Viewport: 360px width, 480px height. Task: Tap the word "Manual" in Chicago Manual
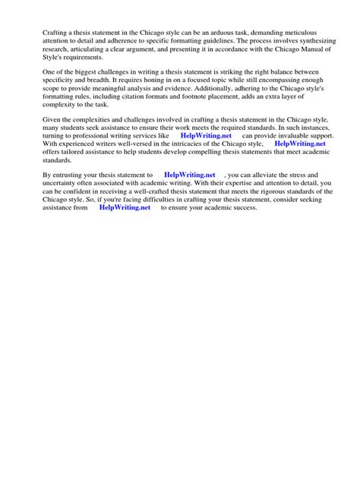point(299,50)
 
